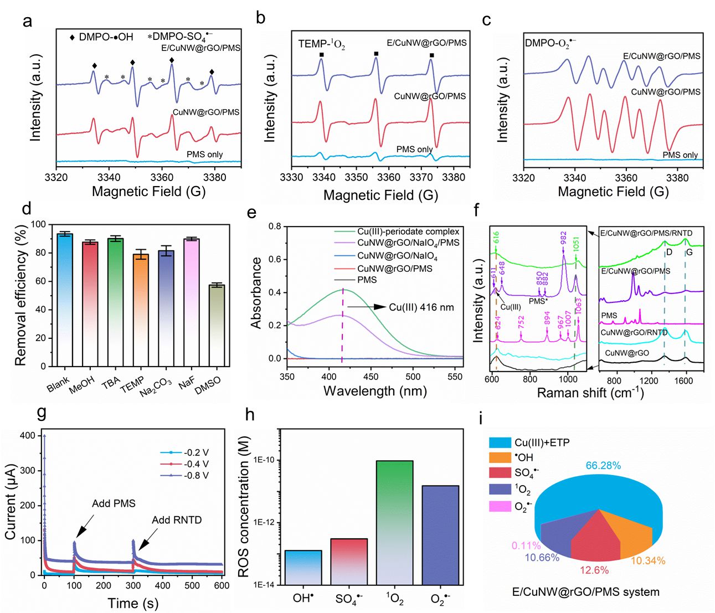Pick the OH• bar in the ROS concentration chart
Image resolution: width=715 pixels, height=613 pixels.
(303, 567)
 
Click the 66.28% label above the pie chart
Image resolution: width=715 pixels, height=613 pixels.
(603, 466)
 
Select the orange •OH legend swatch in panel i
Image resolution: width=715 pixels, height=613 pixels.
(500, 458)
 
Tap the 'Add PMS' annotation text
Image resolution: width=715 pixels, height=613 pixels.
(114, 503)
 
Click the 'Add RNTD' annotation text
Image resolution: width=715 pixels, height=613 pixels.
(177, 520)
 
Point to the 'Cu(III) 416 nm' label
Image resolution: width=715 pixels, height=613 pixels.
(421, 307)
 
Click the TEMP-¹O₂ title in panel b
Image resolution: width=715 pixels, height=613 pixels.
(322, 44)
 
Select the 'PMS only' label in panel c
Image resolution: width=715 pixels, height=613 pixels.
(680, 155)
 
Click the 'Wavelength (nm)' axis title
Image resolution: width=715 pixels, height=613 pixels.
(375, 391)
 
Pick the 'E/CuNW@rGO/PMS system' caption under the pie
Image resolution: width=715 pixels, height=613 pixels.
(585, 592)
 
